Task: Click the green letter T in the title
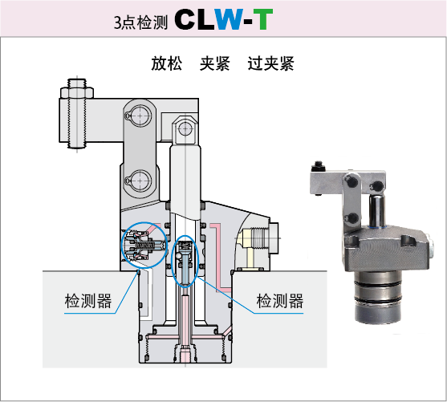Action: [263, 19]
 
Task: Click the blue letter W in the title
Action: [230, 19]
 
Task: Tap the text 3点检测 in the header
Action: [140, 22]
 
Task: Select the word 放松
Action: [166, 63]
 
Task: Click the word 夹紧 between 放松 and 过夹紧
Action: [214, 63]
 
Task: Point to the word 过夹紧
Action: [270, 63]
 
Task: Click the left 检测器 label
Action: [88, 301]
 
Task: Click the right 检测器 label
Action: [279, 301]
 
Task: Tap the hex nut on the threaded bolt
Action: [77, 93]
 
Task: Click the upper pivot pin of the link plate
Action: [140, 116]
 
